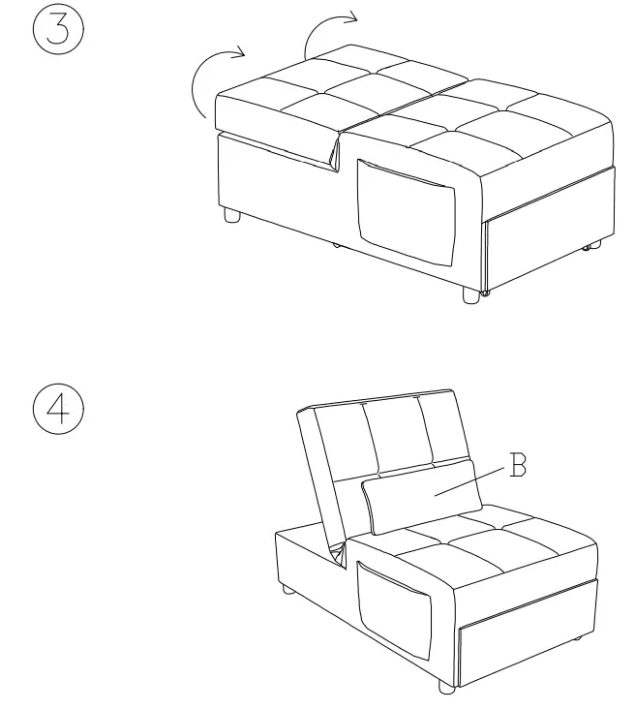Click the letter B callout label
click(x=518, y=468)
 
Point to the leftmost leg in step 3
click(x=232, y=215)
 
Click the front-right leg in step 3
click(x=471, y=295)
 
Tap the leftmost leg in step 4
click(x=287, y=588)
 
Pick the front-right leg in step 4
click(x=446, y=686)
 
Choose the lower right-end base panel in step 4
click(x=528, y=619)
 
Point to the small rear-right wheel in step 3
click(x=586, y=250)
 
